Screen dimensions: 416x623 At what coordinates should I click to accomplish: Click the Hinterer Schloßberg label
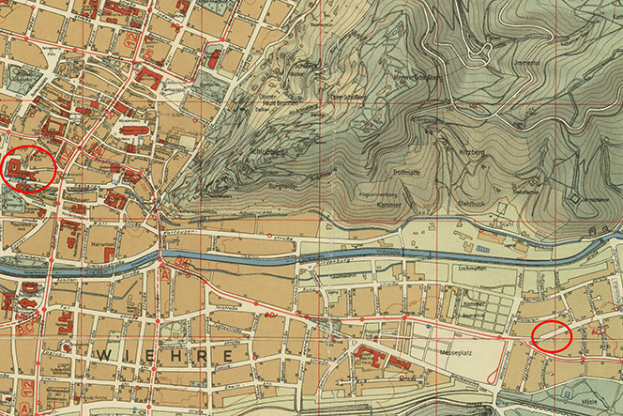coord(418,76)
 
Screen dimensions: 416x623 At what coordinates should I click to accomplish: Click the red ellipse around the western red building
coord(29,168)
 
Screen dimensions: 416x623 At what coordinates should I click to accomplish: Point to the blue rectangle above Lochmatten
coord(482,249)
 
